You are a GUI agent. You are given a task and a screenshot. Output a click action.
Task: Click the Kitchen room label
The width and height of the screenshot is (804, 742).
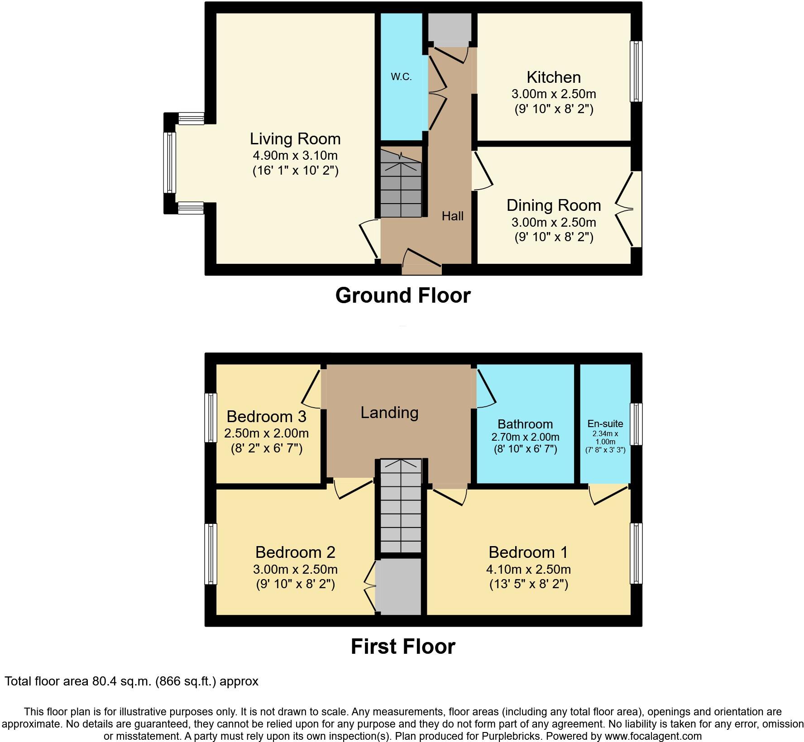tap(553, 77)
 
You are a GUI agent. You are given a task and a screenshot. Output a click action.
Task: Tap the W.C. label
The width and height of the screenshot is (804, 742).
tap(401, 77)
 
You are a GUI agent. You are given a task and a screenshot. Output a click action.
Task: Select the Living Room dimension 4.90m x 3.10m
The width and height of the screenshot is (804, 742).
tap(295, 156)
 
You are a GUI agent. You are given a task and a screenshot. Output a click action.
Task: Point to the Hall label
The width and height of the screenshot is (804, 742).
tap(452, 216)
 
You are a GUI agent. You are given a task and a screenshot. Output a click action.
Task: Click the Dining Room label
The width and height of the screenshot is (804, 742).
tap(553, 205)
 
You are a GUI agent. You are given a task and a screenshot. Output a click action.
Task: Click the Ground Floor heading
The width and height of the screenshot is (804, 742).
tap(402, 295)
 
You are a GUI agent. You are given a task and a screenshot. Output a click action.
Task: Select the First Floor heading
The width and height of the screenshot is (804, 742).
tap(402, 647)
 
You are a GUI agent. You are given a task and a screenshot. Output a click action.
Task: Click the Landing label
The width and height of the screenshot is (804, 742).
tap(389, 413)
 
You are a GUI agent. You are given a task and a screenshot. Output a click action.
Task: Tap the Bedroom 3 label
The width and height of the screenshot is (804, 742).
tap(266, 416)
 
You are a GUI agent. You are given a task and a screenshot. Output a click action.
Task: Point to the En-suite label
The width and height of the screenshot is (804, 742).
tap(605, 424)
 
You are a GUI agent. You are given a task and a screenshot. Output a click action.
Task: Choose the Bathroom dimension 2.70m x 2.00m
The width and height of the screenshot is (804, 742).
tap(525, 437)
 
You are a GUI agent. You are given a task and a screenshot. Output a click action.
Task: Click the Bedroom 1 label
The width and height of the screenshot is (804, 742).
tap(528, 552)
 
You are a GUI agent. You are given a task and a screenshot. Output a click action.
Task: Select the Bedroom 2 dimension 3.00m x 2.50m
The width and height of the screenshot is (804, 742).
tap(295, 569)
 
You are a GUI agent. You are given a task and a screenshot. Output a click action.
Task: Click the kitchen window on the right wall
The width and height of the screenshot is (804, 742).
tap(636, 71)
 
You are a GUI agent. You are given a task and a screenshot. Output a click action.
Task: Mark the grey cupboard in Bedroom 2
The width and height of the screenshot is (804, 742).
tap(400, 587)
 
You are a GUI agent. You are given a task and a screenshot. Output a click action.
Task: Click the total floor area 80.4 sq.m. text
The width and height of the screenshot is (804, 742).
tap(131, 681)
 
